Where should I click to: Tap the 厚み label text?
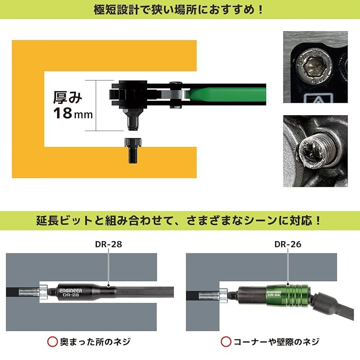[68, 96]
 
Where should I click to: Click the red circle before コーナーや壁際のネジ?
[225, 342]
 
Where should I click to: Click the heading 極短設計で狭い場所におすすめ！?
[180, 9]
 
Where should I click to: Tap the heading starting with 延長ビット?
[180, 221]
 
